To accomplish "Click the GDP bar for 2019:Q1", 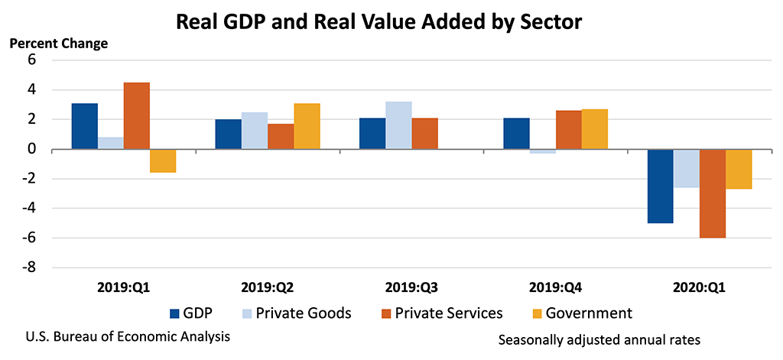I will tap(85, 126).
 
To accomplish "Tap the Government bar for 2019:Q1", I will tap(163, 161).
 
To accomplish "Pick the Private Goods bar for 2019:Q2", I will tap(255, 131).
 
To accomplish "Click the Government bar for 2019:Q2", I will tap(307, 126).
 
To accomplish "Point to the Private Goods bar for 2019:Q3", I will tap(398, 125).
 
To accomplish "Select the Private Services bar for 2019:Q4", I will tap(568, 130).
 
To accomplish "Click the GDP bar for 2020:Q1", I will tap(660, 186).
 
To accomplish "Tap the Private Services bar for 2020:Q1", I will tap(712, 193).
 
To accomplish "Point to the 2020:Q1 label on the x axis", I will tap(699, 290).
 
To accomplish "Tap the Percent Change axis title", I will tap(59, 44).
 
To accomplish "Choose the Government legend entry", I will tap(589, 313).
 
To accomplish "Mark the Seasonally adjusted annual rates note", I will tap(599, 339).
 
